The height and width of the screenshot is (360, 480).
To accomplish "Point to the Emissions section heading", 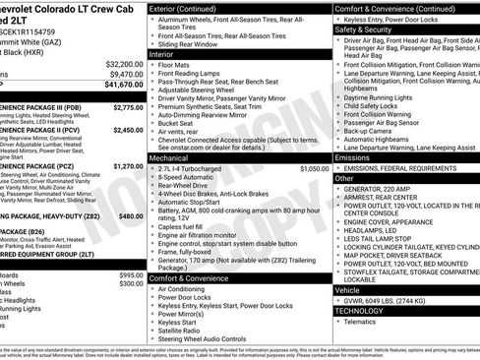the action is point(353,156).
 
